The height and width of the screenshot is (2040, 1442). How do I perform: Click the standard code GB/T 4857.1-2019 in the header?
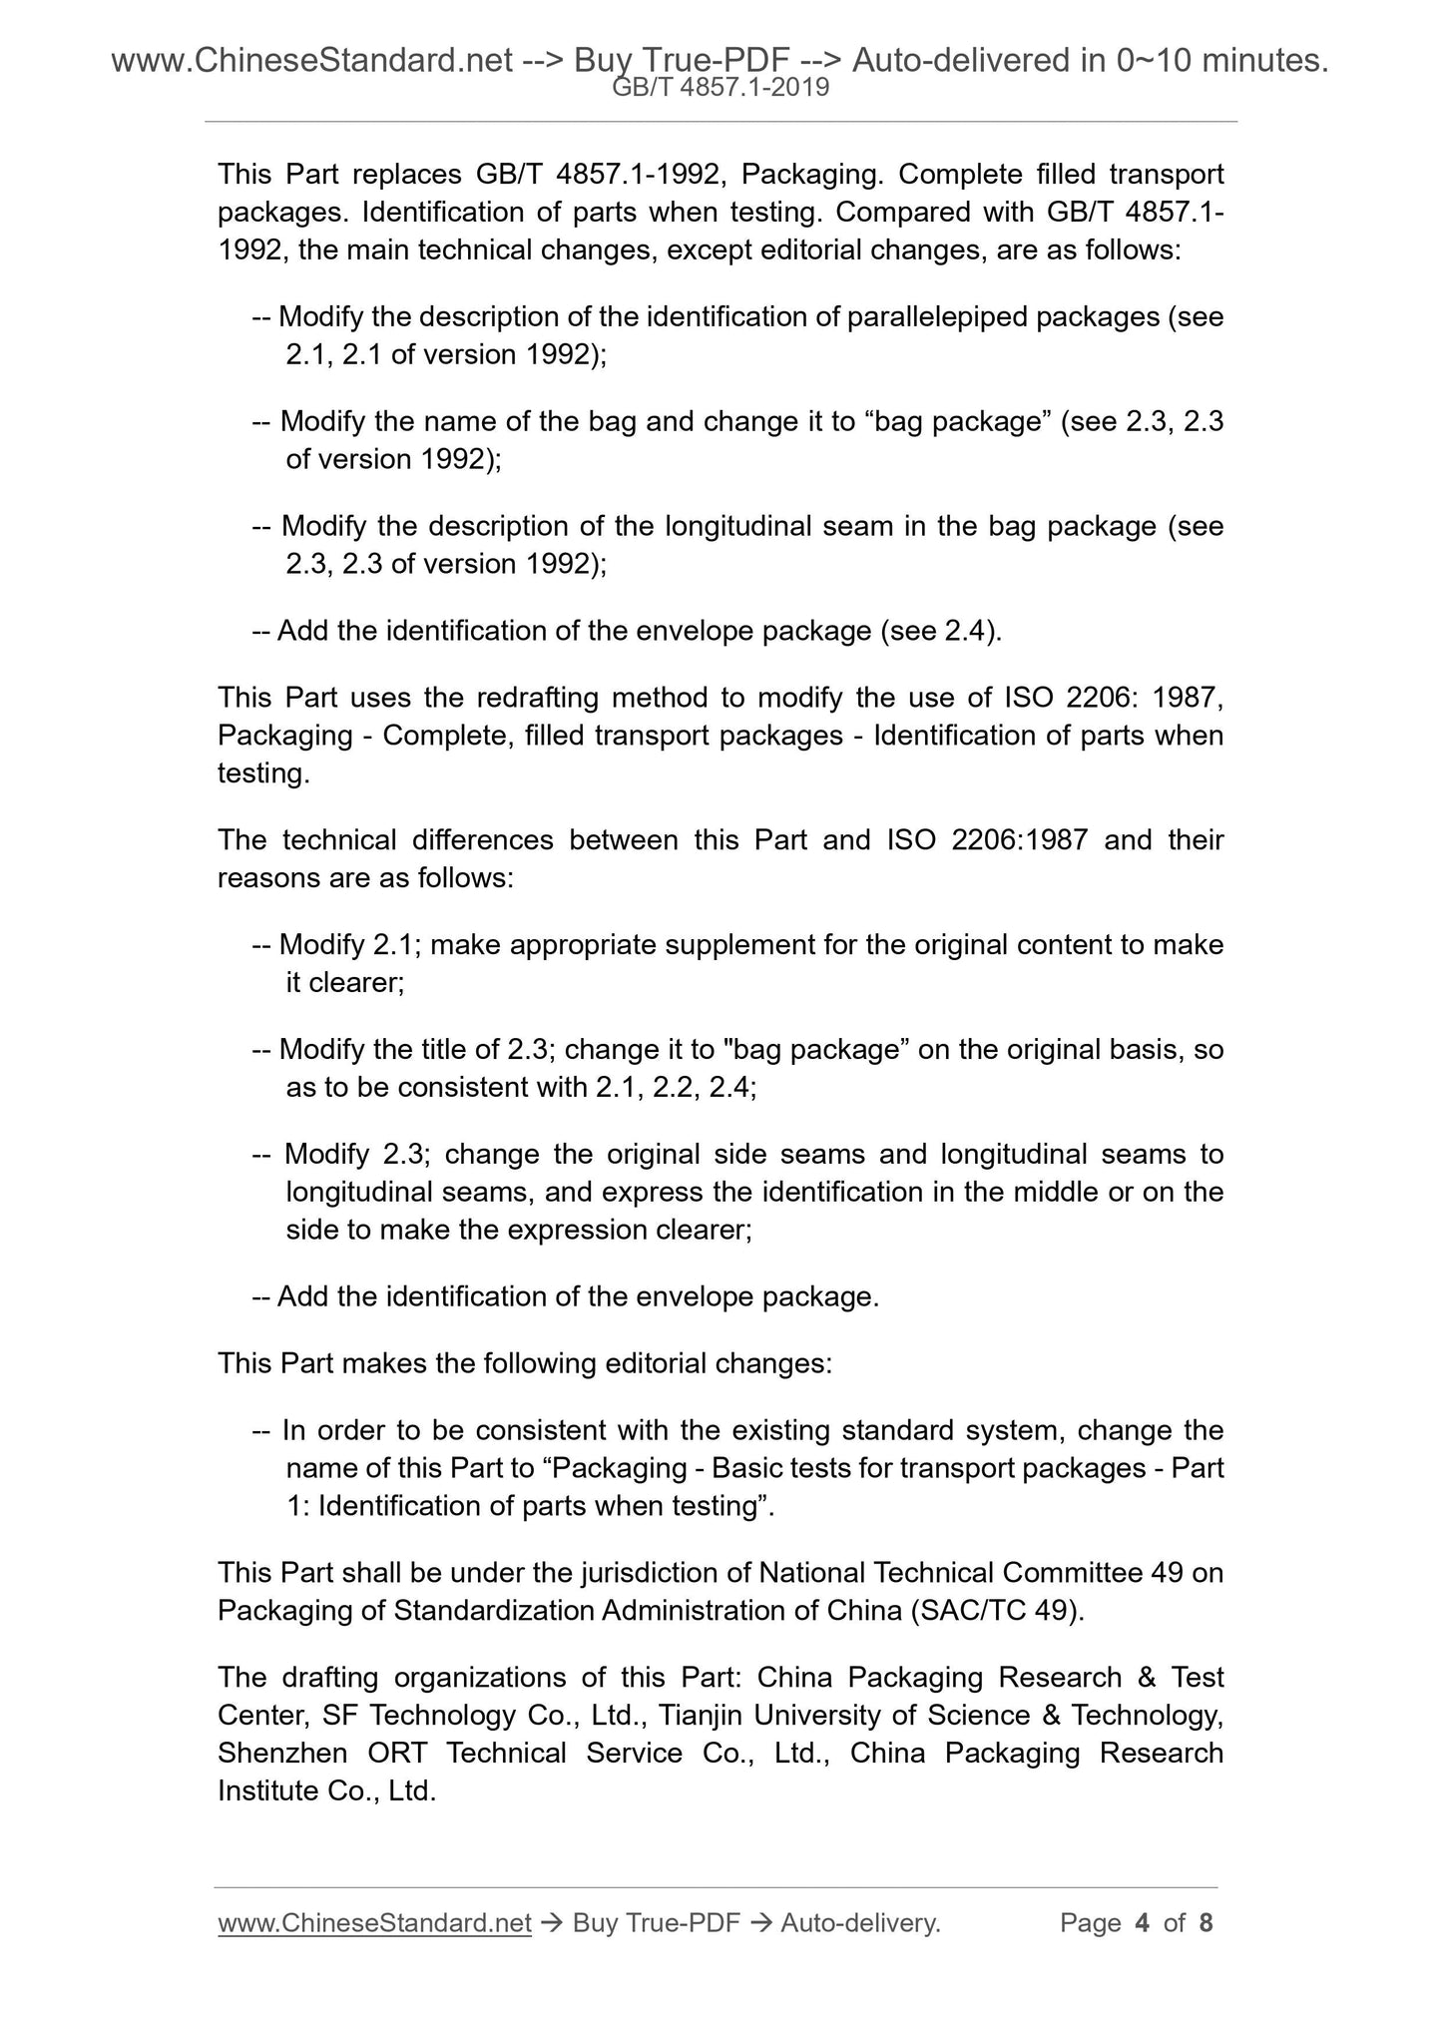(x=721, y=88)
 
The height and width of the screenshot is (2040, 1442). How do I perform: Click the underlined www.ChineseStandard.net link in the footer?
(x=374, y=1922)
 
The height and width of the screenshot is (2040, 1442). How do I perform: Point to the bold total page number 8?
(x=1205, y=1922)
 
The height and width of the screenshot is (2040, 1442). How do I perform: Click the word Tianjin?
(x=709, y=1715)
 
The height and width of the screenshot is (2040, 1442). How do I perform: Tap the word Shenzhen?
(x=282, y=1753)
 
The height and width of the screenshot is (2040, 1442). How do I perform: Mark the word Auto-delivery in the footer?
(x=860, y=1922)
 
